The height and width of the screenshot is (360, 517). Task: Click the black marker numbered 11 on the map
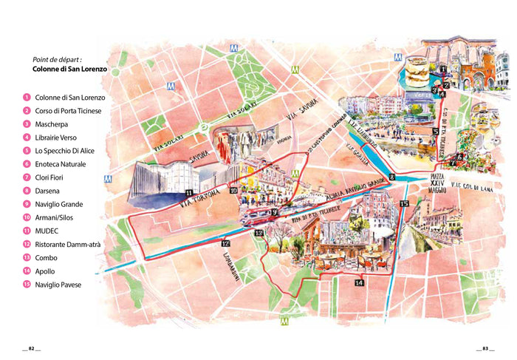click(189, 194)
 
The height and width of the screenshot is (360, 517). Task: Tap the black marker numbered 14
click(359, 282)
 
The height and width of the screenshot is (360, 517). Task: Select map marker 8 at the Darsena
click(393, 177)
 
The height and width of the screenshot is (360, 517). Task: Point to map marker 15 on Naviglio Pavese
click(404, 203)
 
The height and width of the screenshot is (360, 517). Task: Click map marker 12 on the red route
click(225, 242)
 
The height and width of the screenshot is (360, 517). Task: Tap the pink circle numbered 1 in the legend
click(27, 98)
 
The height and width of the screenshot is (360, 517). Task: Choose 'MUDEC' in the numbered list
click(47, 231)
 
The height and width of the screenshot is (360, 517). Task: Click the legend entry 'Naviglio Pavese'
click(58, 285)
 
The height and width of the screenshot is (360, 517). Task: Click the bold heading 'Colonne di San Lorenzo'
click(70, 69)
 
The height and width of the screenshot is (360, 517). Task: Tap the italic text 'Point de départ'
click(57, 59)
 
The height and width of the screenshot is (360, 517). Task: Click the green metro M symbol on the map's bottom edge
click(284, 322)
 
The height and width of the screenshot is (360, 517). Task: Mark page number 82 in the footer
click(31, 348)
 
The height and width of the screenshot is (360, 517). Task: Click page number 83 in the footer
click(485, 348)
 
